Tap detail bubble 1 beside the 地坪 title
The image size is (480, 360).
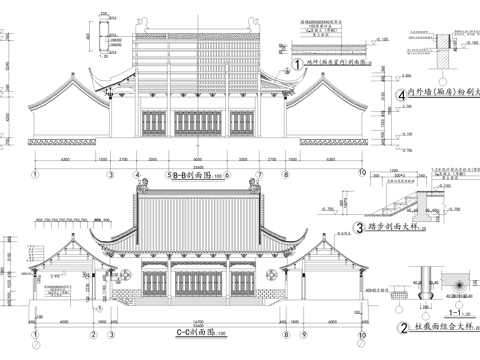(x=297, y=63)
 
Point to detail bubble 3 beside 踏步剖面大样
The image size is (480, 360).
(x=358, y=228)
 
